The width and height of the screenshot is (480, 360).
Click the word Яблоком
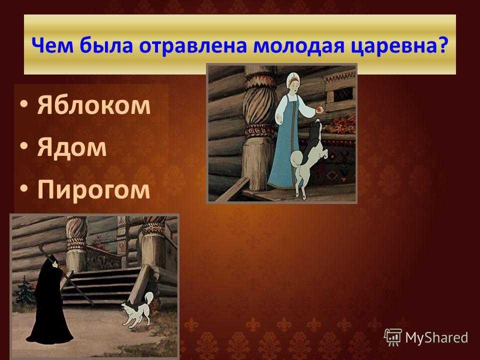[93, 105]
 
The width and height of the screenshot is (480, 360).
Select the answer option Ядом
[72, 147]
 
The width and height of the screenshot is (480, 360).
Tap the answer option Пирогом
[93, 190]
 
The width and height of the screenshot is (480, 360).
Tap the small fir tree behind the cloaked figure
[24, 291]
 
